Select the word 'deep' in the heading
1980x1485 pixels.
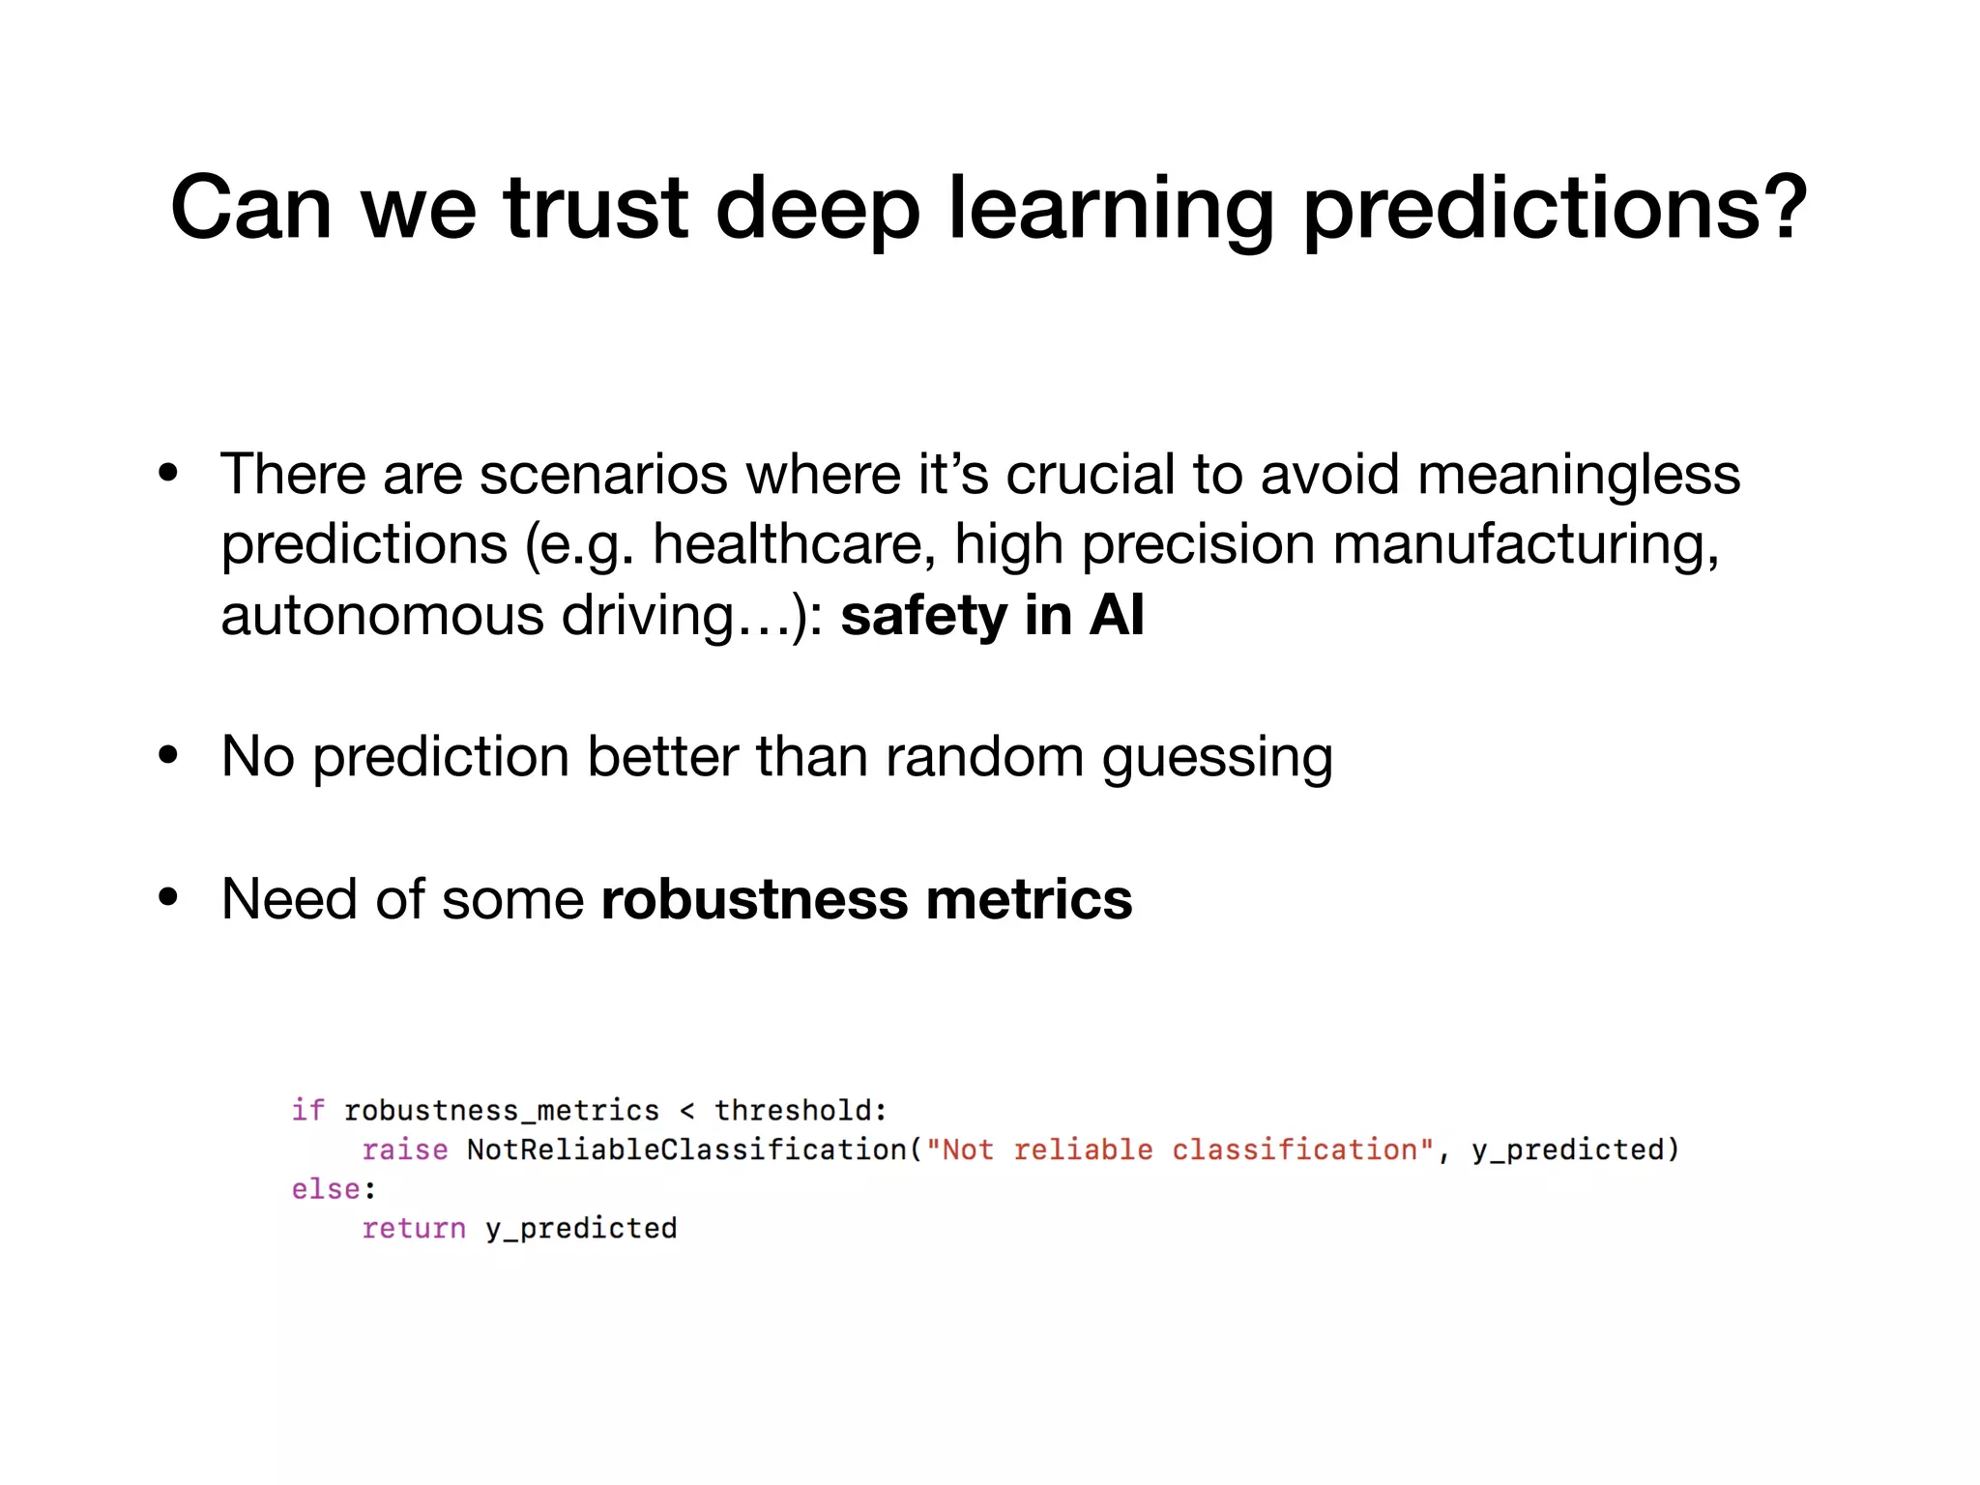817,211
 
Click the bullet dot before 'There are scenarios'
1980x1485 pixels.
169,473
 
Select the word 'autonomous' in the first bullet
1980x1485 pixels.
383,616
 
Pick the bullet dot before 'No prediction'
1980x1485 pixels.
169,755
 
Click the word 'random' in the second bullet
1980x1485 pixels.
984,757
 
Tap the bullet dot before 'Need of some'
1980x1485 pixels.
169,897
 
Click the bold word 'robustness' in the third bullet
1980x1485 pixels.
754,899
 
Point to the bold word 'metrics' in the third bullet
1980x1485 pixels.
1029,899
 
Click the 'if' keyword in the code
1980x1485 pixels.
307,1110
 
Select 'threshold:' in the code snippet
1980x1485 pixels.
801,1110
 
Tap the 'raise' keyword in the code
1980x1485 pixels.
404,1150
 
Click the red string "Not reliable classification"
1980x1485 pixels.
1179,1150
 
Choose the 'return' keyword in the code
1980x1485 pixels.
414,1229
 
